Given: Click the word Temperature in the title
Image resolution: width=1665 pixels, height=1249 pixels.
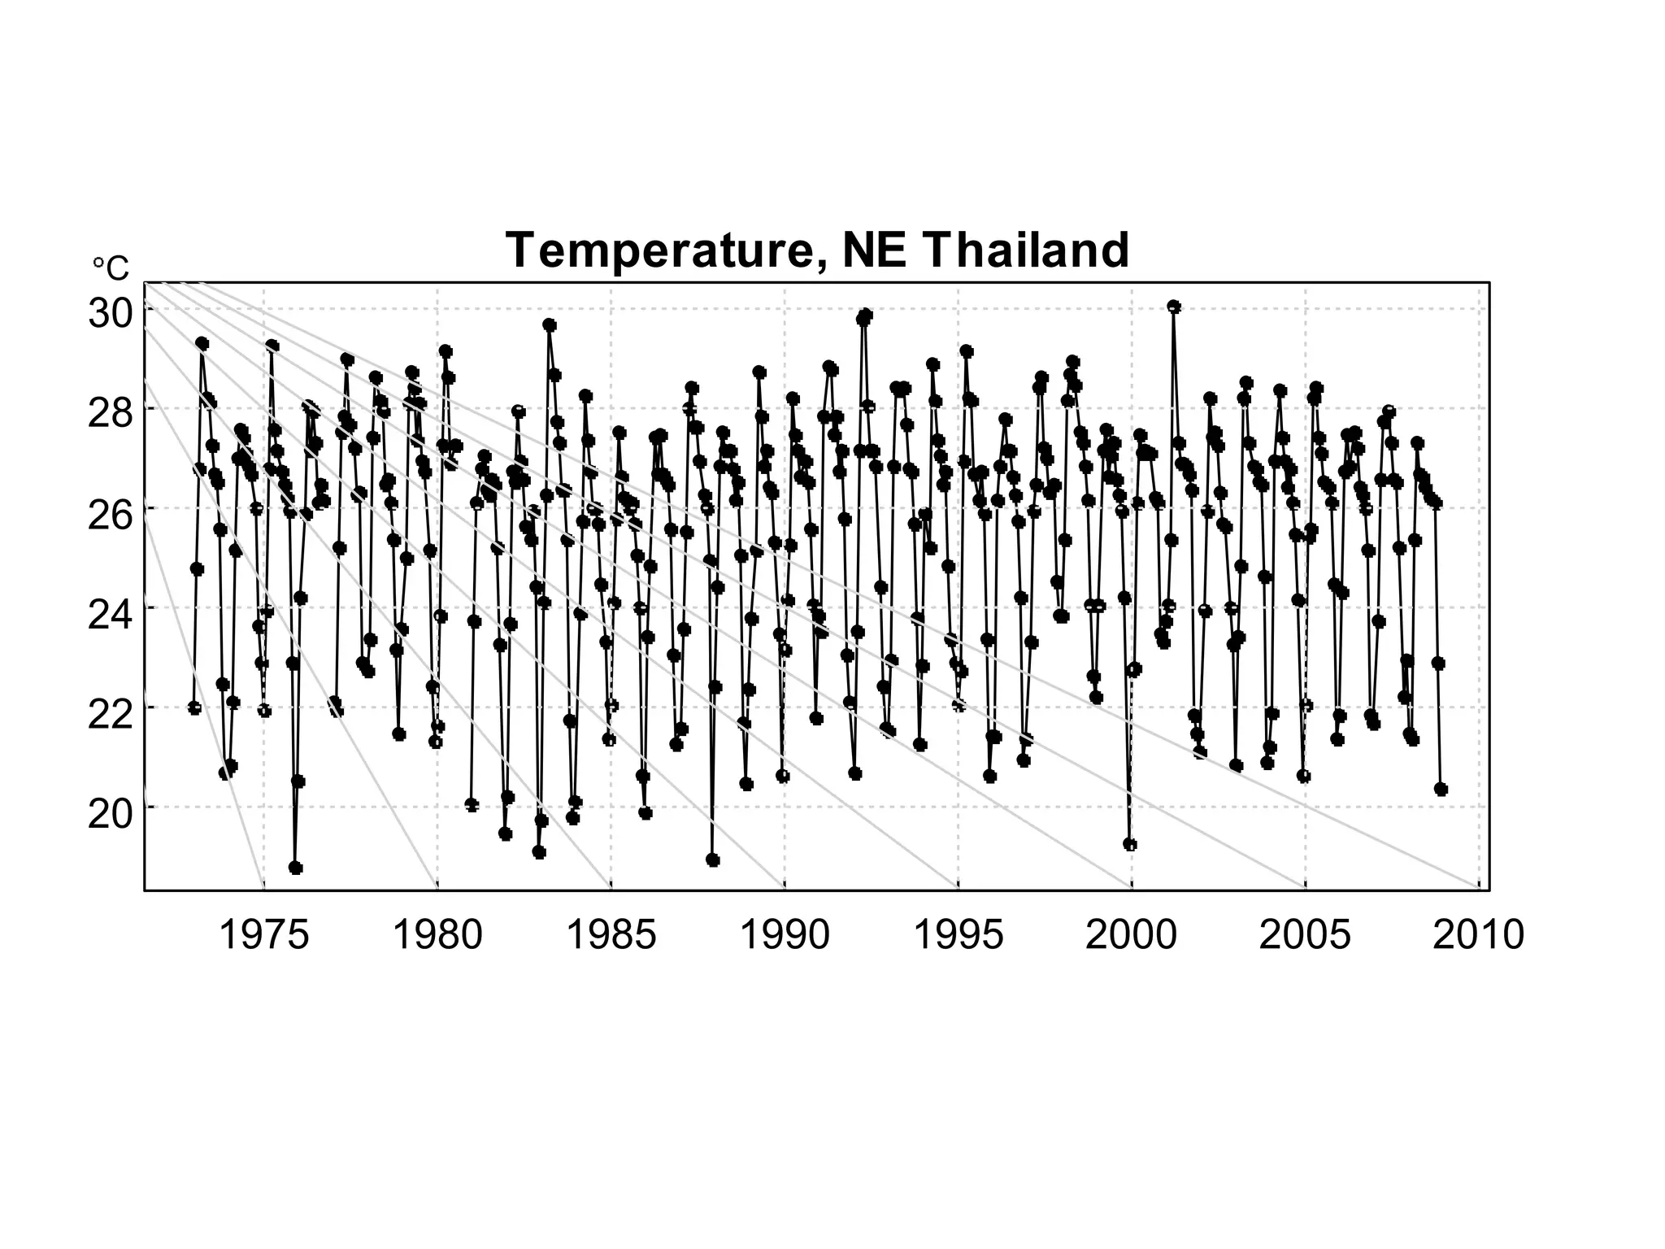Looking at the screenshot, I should (x=658, y=250).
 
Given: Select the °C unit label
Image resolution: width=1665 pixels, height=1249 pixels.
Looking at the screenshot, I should (x=111, y=268).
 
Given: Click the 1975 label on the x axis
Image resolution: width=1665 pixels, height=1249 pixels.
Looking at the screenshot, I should (x=264, y=935).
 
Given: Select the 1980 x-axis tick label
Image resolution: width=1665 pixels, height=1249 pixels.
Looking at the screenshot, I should (x=437, y=935).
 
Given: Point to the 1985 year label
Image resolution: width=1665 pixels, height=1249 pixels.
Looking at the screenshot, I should (x=611, y=935).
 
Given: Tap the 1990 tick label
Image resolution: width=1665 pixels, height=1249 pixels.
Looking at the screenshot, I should (x=785, y=935).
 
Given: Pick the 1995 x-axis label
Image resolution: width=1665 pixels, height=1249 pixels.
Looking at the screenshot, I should (x=959, y=935).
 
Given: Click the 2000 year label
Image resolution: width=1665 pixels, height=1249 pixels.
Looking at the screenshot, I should (x=1131, y=935).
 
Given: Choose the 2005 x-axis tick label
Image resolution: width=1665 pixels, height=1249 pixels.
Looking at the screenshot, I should (x=1305, y=935).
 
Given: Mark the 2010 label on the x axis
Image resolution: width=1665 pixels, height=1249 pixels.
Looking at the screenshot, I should (x=1478, y=935).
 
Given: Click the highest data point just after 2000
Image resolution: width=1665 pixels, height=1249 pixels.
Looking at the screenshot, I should (x=1173, y=307).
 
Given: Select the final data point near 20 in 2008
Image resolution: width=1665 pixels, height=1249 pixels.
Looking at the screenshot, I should (x=1441, y=789).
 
